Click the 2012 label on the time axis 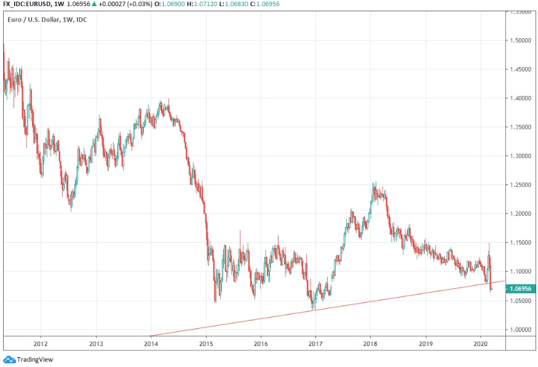click(41, 345)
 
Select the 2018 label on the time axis click(370, 345)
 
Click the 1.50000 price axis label click(520, 41)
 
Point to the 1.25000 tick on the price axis click(520, 185)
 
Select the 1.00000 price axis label click(520, 330)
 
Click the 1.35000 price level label click(520, 127)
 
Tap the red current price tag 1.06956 click(520, 288)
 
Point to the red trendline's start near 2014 click(151, 336)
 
